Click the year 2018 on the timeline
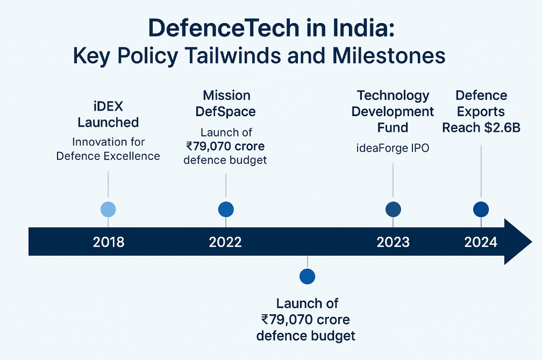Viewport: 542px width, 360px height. [109, 242]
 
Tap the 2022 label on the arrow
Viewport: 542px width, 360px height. [225, 242]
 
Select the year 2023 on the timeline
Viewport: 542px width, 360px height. [393, 242]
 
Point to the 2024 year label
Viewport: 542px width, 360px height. [481, 242]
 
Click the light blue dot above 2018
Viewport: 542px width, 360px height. [109, 210]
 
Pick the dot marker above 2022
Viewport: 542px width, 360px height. [226, 210]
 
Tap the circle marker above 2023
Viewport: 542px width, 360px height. [394, 210]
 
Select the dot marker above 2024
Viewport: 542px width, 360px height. [481, 210]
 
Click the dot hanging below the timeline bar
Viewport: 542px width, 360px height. [307, 276]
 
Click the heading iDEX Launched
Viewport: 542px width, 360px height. [108, 114]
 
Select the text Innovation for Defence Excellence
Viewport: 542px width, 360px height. [108, 149]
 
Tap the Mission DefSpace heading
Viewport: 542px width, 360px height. [226, 104]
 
